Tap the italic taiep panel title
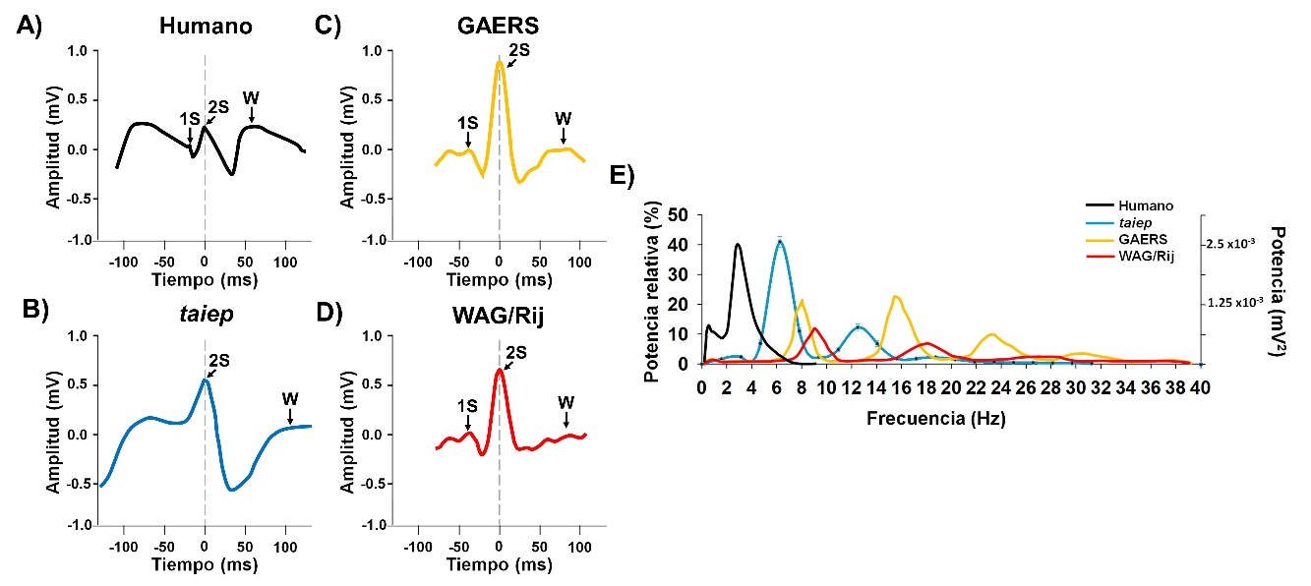204,314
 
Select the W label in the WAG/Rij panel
566,402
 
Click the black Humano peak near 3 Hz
738,245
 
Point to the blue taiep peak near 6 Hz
780,240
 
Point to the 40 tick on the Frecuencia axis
1200,387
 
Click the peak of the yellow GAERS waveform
500,62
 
